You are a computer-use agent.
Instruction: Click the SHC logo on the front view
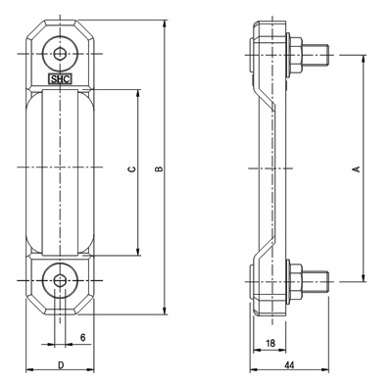60,79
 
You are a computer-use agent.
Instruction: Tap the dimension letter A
357,168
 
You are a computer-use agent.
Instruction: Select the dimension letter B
159,168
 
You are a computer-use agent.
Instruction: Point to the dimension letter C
131,168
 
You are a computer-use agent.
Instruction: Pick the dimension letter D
61,365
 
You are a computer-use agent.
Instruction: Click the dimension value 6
83,338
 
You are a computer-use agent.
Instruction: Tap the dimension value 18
270,343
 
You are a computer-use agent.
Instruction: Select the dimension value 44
289,365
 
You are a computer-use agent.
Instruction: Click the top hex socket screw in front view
60,54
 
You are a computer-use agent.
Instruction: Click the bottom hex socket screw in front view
60,280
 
